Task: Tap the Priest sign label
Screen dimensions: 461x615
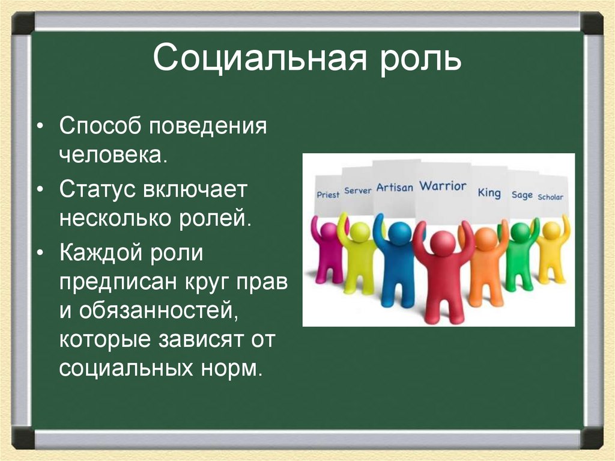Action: pyautogui.click(x=328, y=194)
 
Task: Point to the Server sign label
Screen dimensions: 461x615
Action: pyautogui.click(x=357, y=191)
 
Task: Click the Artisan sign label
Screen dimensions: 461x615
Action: pyautogui.click(x=395, y=188)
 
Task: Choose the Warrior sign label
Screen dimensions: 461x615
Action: pyautogui.click(x=443, y=186)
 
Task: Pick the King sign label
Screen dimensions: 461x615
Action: pyautogui.click(x=489, y=192)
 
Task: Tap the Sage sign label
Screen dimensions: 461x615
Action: pyautogui.click(x=522, y=195)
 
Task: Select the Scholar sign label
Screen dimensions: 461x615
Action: pyautogui.click(x=550, y=197)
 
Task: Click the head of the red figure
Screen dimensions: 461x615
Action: pyautogui.click(x=443, y=243)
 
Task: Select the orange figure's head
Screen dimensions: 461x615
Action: pyautogui.click(x=486, y=239)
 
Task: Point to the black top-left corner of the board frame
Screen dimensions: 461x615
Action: pyautogui.click(x=23, y=23)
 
